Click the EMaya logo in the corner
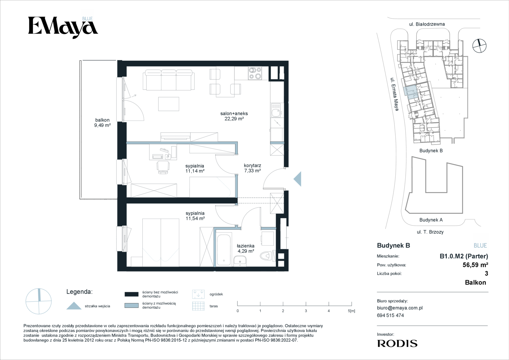(x=63, y=27)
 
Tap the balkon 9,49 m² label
(x=102, y=123)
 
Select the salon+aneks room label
(x=234, y=113)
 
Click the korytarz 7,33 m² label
(x=252, y=168)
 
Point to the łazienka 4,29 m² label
(x=246, y=248)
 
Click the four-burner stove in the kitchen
(x=255, y=73)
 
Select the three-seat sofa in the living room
(x=169, y=80)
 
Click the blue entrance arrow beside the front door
(x=297, y=179)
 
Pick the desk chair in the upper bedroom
(x=163, y=167)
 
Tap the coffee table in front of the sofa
(x=169, y=104)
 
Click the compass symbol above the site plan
(x=479, y=46)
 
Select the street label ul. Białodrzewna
(x=427, y=24)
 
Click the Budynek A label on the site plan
(x=431, y=220)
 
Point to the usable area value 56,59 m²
(x=475, y=265)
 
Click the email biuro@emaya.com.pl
(x=400, y=308)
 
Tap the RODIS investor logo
(x=397, y=343)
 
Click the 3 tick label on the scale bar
(x=306, y=311)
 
